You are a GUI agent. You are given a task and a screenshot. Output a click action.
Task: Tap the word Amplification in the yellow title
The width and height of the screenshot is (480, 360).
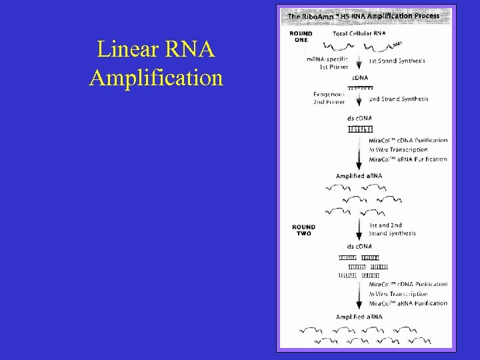click(x=156, y=78)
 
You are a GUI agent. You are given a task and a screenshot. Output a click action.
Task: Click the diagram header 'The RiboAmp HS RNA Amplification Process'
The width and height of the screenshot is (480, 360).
click(x=363, y=15)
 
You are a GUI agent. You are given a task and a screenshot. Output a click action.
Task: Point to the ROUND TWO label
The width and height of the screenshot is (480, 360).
click(x=303, y=230)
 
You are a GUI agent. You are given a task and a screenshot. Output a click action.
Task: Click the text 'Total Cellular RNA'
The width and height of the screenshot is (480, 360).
click(x=361, y=33)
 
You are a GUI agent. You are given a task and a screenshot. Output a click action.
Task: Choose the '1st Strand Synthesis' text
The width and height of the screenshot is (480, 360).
click(x=398, y=61)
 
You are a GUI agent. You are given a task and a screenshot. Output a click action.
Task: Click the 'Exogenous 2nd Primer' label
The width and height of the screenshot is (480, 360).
click(x=328, y=99)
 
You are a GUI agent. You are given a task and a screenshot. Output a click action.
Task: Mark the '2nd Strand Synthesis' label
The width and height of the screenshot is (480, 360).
click(x=399, y=99)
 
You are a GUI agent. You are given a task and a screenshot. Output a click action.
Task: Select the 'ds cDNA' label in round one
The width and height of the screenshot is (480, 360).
click(x=360, y=118)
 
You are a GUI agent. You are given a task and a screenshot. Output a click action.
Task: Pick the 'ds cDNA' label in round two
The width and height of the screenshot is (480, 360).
click(x=360, y=246)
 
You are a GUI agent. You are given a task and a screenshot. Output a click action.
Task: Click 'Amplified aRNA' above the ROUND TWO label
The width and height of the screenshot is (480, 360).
click(x=359, y=176)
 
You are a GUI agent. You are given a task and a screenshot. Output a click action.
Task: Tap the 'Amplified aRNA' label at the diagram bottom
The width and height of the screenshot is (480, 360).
click(x=359, y=317)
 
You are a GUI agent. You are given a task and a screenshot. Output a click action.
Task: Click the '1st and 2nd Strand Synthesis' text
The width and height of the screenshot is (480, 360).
click(x=393, y=229)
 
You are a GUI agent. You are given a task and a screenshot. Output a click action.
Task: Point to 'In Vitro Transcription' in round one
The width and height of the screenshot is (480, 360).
click(x=398, y=150)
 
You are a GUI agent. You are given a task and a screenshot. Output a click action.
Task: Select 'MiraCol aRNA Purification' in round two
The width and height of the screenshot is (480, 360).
click(x=408, y=303)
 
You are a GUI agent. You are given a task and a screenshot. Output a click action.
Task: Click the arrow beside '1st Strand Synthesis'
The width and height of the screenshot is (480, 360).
click(x=359, y=61)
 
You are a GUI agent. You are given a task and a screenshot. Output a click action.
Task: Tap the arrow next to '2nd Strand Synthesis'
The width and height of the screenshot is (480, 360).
click(x=359, y=99)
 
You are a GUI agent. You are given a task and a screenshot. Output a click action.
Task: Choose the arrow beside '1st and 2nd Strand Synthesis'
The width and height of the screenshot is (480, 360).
click(x=359, y=229)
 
